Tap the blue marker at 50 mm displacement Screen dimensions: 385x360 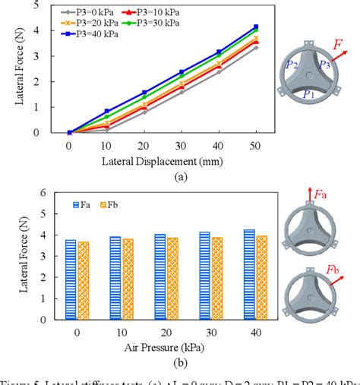point(255,27)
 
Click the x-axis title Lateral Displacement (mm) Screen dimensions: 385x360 point(162,161)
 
